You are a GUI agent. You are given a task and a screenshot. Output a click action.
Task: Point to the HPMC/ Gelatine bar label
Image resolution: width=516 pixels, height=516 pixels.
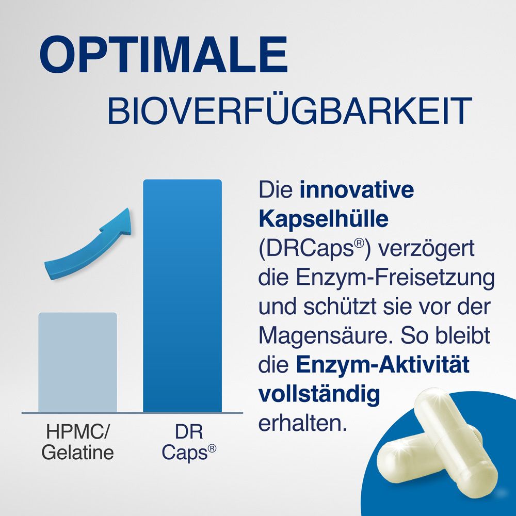coord(77,442)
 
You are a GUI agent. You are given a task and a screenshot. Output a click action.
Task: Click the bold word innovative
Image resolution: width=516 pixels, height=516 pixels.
coord(357,190)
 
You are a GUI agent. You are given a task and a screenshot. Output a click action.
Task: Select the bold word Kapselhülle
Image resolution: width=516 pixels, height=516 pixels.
coord(322,219)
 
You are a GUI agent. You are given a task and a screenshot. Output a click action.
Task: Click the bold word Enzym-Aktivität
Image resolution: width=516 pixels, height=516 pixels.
coord(383,365)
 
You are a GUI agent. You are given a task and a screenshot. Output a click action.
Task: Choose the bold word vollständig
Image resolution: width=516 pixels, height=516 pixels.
coord(319,394)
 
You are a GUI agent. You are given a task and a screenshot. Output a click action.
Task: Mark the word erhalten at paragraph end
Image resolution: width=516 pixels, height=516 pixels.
coord(301,423)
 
